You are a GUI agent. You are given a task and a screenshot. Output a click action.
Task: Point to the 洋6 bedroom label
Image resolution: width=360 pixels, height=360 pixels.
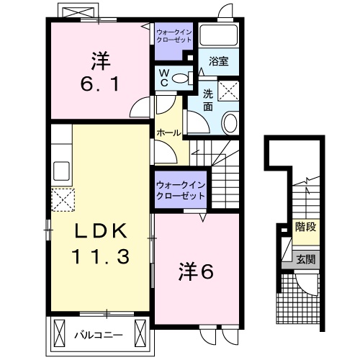click(196, 271)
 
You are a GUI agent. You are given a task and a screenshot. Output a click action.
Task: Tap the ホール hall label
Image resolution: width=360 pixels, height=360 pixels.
click(168, 133)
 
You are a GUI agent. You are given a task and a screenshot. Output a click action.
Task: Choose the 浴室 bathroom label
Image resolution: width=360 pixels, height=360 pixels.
click(219, 61)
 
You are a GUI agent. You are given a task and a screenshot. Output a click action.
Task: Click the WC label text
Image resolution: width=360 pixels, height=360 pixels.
click(163, 78)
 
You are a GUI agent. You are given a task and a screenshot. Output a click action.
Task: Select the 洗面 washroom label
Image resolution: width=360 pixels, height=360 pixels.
click(207, 99)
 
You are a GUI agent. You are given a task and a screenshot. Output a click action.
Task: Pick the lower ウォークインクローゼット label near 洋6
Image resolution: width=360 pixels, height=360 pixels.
click(180, 191)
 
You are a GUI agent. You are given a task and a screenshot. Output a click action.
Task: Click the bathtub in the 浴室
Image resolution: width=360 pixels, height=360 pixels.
click(219, 36)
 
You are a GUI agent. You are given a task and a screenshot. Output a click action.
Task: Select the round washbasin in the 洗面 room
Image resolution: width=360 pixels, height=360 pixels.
click(230, 122)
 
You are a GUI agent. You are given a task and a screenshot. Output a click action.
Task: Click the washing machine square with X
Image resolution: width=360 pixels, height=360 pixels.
click(229, 91)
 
